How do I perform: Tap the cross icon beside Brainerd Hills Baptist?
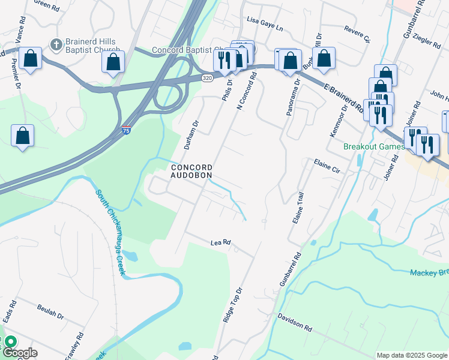point(56,44)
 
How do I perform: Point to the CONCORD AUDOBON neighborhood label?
point(191,171)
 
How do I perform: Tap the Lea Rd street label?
point(221,244)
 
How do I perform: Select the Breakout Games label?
point(374,147)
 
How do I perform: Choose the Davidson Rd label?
point(295,322)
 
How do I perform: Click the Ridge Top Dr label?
point(233,305)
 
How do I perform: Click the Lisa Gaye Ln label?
point(265,20)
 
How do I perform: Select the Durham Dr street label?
point(191,133)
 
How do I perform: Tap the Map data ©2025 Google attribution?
point(411,355)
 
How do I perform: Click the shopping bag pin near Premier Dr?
point(22,136)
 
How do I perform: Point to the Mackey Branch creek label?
point(429,274)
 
